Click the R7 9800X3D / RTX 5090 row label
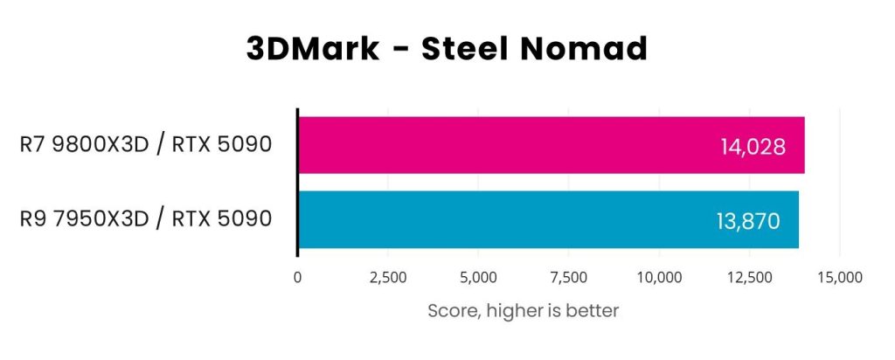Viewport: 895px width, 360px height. pos(145,145)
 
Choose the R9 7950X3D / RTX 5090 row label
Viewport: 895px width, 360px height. pos(145,219)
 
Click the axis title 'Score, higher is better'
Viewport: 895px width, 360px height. pos(523,310)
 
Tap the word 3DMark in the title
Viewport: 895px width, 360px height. pos(312,49)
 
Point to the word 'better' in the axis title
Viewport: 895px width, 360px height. pos(593,310)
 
